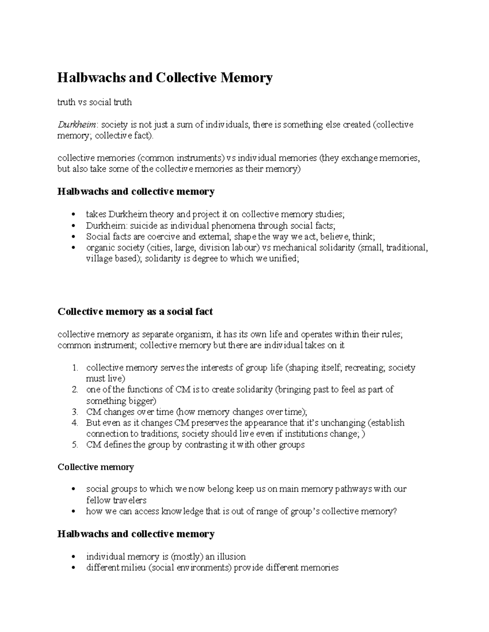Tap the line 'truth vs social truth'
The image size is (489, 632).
[x=95, y=102]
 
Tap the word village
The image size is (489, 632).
[x=98, y=259]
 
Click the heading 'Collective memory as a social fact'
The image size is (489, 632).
[x=135, y=312]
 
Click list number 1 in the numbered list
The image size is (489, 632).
[x=75, y=368]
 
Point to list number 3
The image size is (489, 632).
[x=75, y=412]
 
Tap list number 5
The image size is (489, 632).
[x=75, y=445]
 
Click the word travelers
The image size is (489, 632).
[x=130, y=500]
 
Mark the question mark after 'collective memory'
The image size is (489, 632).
[x=394, y=511]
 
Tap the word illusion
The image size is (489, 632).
[x=230, y=557]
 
